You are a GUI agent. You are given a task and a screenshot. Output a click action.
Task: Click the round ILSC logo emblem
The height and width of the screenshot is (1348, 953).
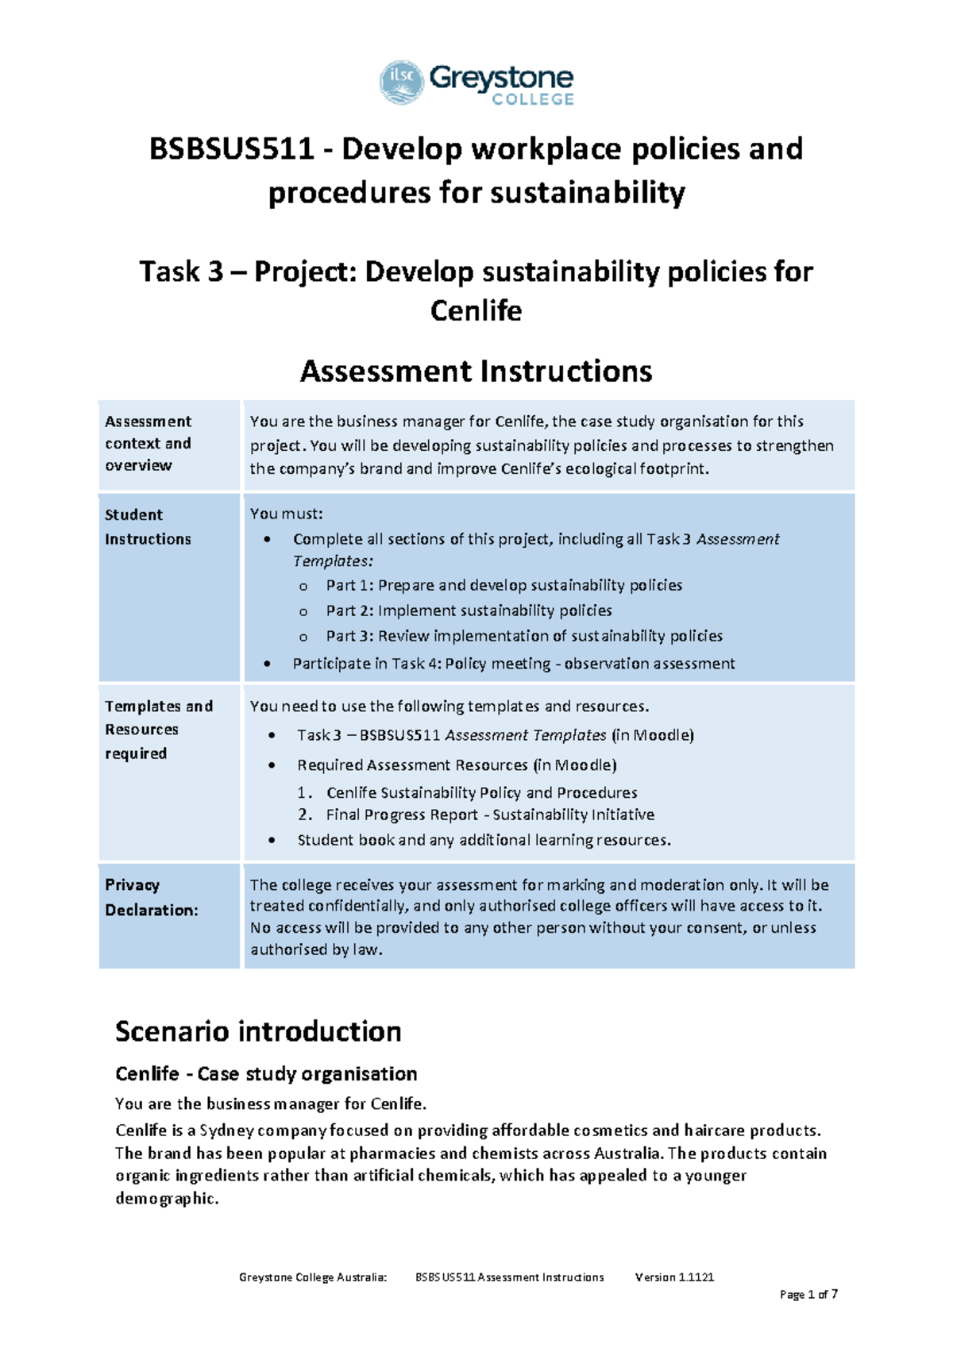point(402,83)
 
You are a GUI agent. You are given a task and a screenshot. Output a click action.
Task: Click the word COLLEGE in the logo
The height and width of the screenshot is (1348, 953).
point(533,100)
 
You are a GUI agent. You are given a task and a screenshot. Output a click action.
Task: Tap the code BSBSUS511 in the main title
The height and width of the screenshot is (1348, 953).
point(232,149)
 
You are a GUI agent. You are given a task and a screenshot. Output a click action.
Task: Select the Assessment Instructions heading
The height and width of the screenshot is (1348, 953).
point(476,372)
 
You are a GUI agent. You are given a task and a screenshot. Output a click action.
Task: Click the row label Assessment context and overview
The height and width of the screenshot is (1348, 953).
point(149,444)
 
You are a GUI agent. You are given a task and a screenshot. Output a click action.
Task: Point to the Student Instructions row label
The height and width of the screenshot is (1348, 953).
point(148,526)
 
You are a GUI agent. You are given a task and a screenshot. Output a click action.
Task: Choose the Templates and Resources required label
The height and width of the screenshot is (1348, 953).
point(159,730)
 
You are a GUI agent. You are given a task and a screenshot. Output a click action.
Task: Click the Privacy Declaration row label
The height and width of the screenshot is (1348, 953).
point(151,897)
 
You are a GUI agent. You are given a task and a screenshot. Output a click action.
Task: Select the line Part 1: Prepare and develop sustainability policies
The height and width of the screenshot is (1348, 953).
point(504,585)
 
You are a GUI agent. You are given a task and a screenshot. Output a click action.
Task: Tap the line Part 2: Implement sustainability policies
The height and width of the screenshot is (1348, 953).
point(469,610)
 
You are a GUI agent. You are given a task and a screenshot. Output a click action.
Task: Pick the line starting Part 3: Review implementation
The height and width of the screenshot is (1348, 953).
point(524,636)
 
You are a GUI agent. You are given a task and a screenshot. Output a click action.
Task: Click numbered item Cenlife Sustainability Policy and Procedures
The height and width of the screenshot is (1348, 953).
point(481,792)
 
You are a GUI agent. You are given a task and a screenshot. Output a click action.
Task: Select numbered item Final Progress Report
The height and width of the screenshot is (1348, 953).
point(490,815)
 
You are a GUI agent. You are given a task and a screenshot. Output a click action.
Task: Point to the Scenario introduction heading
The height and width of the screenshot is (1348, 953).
point(258,1031)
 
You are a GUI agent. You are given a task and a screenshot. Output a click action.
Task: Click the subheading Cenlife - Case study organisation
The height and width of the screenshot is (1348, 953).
point(266,1074)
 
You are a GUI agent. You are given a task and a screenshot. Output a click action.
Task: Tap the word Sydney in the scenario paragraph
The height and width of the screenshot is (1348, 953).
point(226,1130)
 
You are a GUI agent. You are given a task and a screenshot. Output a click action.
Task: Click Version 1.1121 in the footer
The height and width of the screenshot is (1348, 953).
point(674,1277)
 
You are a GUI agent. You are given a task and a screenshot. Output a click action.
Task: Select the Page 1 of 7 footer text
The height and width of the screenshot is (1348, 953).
point(808,1295)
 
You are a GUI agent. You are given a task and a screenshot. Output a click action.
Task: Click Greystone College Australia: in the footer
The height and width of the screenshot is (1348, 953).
point(313,1277)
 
